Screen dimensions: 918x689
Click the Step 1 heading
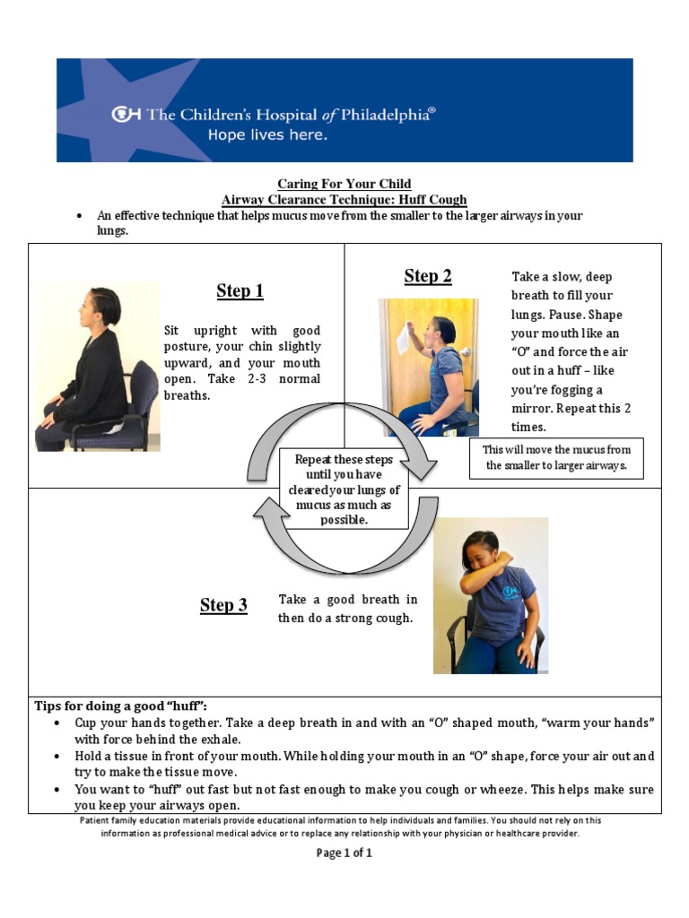(x=240, y=290)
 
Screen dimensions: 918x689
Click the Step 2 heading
(x=427, y=276)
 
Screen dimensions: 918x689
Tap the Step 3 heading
(x=223, y=605)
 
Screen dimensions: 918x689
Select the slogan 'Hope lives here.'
(x=267, y=135)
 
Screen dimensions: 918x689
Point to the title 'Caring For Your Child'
(x=344, y=184)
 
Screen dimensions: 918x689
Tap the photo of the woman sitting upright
(x=98, y=367)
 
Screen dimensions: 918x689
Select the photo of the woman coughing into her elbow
(x=490, y=595)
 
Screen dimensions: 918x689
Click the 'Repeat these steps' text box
(x=345, y=489)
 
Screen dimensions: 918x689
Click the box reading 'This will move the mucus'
(x=556, y=458)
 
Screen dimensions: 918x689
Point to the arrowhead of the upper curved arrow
(x=422, y=469)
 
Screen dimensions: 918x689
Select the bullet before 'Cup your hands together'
(x=57, y=723)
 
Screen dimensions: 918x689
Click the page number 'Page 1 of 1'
(x=344, y=853)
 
